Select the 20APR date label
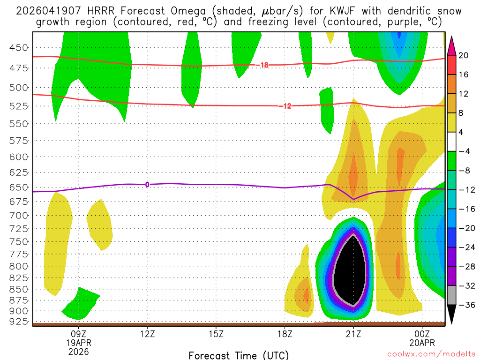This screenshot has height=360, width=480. point(422,343)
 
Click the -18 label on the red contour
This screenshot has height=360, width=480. point(264,65)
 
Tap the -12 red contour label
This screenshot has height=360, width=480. point(287,106)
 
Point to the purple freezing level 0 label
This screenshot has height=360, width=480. point(147,185)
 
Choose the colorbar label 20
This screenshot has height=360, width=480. point(463,55)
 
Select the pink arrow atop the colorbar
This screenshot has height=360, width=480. point(451,45)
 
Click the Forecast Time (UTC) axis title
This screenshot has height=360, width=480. point(239,355)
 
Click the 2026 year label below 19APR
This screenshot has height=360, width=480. point(78,351)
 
